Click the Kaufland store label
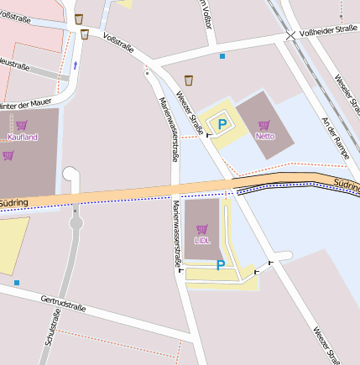23,136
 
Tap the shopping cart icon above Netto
264,124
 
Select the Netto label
264,135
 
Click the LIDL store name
201,239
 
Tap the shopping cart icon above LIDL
201,228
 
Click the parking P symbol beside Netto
222,124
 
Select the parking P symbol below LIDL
221,265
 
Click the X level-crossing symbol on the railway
290,35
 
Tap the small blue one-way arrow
76,64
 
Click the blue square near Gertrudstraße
16,283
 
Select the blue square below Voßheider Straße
222,56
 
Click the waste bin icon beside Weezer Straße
189,81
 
